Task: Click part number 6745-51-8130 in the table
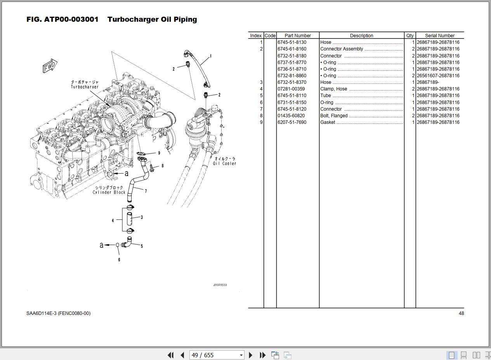point(291,42)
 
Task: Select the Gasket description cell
point(328,122)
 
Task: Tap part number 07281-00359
point(291,89)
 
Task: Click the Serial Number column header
point(439,35)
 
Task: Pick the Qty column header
point(410,35)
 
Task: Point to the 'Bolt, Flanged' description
point(334,116)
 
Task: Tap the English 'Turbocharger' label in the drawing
point(85,87)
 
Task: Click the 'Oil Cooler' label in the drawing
point(224,163)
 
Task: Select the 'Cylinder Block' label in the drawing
point(109,192)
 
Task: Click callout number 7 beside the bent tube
point(146,191)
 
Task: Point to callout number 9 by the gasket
point(159,153)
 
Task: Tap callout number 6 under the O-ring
point(119,260)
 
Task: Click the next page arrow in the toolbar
point(250,355)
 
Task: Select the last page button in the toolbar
point(262,355)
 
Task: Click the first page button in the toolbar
point(170,355)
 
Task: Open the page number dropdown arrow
point(241,355)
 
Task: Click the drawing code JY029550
point(220,285)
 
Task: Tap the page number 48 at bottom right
point(461,313)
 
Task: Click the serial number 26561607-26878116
point(438,76)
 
